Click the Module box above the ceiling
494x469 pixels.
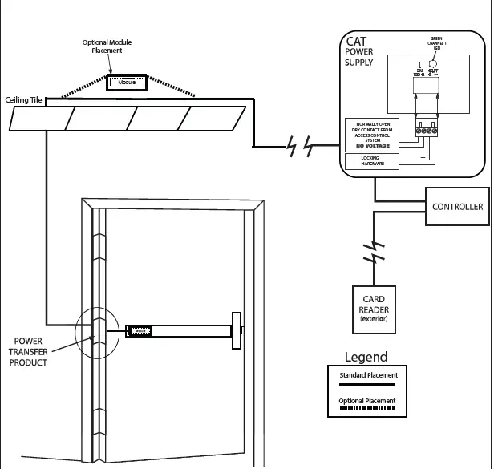[x=127, y=82]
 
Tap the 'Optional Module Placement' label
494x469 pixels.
[x=106, y=46]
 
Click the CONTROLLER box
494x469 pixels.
[x=457, y=207]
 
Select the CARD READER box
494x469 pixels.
[x=374, y=310]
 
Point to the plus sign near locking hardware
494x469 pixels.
[x=422, y=158]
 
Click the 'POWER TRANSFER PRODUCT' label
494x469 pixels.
[x=28, y=351]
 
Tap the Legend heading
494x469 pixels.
[x=366, y=358]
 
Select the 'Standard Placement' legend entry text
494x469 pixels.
[x=368, y=374]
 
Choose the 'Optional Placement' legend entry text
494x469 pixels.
[x=368, y=401]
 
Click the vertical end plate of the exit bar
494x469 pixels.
[x=237, y=330]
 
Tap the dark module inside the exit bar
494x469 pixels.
[x=140, y=330]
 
